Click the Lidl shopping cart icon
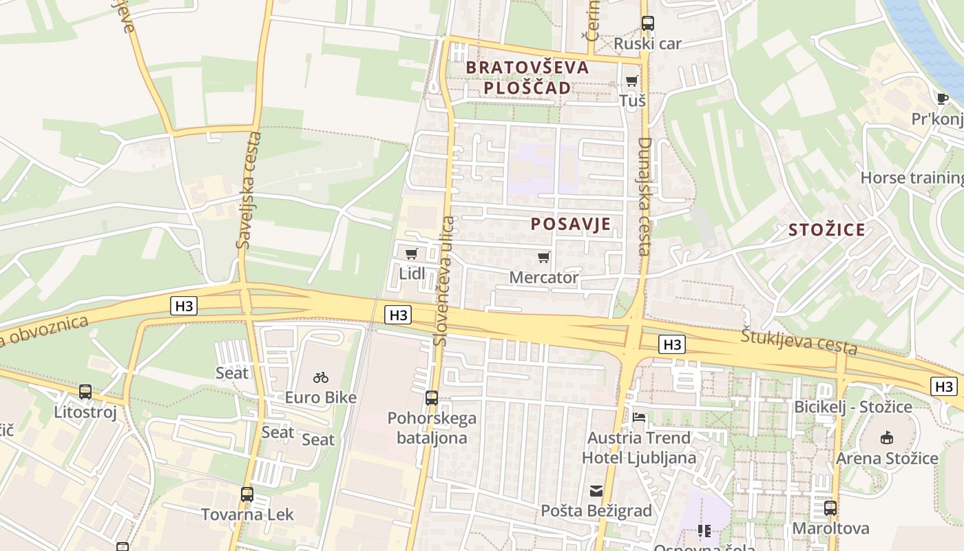(x=412, y=254)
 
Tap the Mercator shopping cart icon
(x=544, y=258)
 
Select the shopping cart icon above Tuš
(x=632, y=81)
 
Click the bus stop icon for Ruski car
(x=647, y=23)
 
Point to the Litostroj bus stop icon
(x=85, y=392)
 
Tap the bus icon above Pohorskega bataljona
(x=432, y=397)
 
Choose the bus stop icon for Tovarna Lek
(x=247, y=494)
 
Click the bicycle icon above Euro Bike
(x=321, y=377)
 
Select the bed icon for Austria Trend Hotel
(x=639, y=417)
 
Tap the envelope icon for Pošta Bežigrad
(x=596, y=491)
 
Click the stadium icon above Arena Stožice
(x=887, y=437)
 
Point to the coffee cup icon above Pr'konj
(x=943, y=98)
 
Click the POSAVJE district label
(x=571, y=224)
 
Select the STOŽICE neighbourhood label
(x=826, y=230)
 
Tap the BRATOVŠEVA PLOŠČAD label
(x=527, y=77)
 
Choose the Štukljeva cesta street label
(x=799, y=341)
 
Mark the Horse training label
(x=912, y=178)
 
